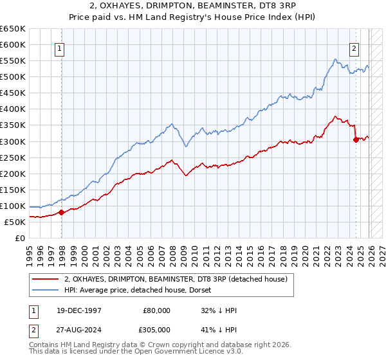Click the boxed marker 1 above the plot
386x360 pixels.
(59, 47)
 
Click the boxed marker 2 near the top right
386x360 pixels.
(354, 47)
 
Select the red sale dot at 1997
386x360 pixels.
(61, 212)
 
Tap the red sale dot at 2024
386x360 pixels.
(356, 139)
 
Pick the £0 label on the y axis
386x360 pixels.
(21, 238)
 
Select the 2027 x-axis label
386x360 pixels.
(380, 250)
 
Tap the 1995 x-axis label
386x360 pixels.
(29, 250)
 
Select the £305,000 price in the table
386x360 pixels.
(157, 330)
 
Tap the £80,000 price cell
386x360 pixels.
(157, 310)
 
